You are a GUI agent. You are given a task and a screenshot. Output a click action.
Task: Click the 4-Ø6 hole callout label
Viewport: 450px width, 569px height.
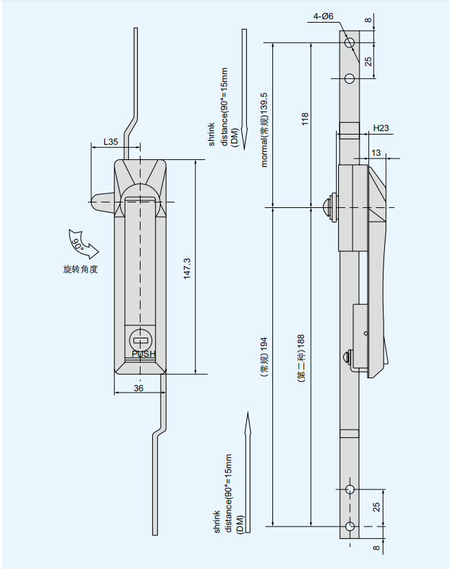[x=323, y=16]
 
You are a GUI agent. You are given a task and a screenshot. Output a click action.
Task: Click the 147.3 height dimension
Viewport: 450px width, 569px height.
[x=187, y=268]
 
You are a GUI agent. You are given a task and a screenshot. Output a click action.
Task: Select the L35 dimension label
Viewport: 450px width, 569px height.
[x=110, y=141]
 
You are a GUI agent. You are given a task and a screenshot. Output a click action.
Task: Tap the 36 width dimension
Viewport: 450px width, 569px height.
[x=139, y=388]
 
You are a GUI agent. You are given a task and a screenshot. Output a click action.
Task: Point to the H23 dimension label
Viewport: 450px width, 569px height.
[x=381, y=128]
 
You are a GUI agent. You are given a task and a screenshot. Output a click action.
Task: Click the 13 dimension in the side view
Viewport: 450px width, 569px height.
[x=376, y=152]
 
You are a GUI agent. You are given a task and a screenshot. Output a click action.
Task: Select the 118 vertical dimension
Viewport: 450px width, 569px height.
[x=305, y=119]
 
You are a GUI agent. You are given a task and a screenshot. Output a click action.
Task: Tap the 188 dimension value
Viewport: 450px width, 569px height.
[x=300, y=342]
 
